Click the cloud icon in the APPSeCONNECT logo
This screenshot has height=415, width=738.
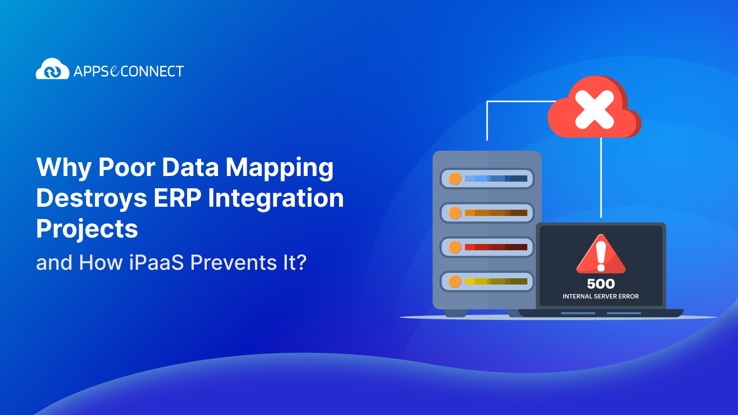tap(52, 69)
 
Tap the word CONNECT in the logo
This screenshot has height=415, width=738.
tap(152, 71)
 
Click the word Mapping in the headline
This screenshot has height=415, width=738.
tap(279, 168)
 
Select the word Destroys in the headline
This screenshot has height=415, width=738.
tap(91, 198)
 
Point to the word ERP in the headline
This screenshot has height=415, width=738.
tap(177, 198)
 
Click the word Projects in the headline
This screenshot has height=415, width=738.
tap(87, 229)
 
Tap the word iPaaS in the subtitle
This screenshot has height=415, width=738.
tap(156, 263)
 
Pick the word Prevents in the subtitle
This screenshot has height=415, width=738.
tap(233, 263)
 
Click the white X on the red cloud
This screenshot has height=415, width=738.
tap(594, 110)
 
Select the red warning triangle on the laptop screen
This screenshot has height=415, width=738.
tap(601, 254)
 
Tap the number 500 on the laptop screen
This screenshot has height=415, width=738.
tap(601, 284)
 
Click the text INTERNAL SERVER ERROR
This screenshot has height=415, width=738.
tap(601, 296)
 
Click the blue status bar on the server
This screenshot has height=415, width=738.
tap(496, 179)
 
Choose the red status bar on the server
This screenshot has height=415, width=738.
tap(496, 247)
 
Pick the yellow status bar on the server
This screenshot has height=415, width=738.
tap(496, 281)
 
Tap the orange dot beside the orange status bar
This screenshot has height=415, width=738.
tap(455, 213)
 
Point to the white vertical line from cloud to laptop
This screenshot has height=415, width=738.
tap(601, 177)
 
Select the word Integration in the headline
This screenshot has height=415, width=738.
tap(276, 198)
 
